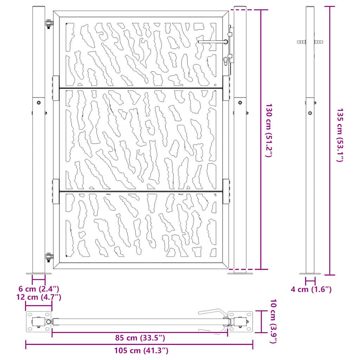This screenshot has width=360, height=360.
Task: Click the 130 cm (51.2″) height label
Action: [x=269, y=130]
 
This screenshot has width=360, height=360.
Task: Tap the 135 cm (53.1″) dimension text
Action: [x=340, y=135]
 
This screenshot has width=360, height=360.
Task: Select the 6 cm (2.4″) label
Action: [x=39, y=289]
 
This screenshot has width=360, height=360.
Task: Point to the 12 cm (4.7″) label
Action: [x=39, y=297]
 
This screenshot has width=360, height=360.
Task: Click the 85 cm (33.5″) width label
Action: [x=140, y=338]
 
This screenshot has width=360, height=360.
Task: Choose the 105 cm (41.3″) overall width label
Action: [x=141, y=351]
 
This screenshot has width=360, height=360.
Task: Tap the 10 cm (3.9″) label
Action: [x=273, y=321]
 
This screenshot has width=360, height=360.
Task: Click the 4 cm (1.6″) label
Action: [x=311, y=289]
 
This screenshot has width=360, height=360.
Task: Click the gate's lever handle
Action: [x=213, y=42]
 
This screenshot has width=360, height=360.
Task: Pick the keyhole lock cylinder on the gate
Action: [x=225, y=61]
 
